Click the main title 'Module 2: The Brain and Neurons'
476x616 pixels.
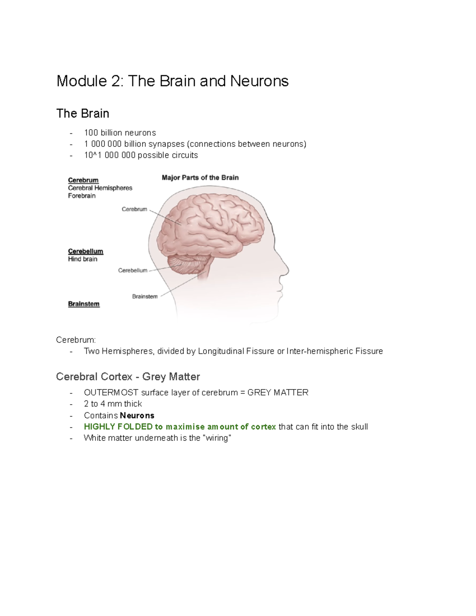click(172, 81)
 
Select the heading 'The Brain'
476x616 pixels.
click(83, 113)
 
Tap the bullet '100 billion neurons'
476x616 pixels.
click(120, 132)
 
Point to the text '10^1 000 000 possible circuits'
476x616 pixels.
click(141, 155)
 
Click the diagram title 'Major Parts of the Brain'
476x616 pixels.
click(200, 178)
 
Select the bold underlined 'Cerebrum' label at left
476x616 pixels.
click(83, 180)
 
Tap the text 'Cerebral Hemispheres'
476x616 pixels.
click(100, 188)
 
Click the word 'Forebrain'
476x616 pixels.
click(82, 196)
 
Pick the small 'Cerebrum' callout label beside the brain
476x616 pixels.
click(134, 209)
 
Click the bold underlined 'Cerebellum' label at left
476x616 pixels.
click(85, 251)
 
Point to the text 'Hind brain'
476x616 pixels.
click(83, 259)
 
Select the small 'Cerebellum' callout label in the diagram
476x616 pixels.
click(132, 271)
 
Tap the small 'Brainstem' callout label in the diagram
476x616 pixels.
click(145, 296)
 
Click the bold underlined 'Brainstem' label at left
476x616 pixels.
click(84, 304)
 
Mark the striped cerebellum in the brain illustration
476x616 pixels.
click(189, 263)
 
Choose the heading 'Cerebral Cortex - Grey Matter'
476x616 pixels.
click(128, 376)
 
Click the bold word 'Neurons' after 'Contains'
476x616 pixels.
click(137, 415)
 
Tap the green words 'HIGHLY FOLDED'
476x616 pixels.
click(118, 427)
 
